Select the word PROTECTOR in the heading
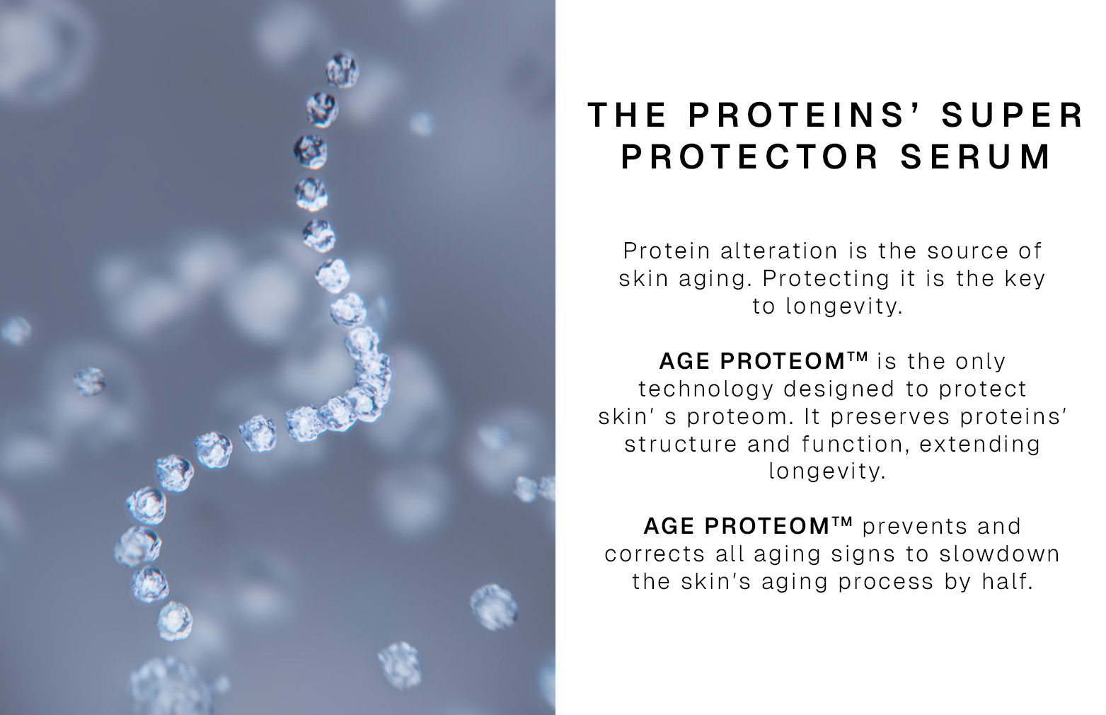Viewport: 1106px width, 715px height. [750, 156]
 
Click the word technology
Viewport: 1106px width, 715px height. [705, 389]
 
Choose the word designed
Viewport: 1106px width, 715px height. [839, 389]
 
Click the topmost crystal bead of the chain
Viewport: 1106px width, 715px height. [342, 69]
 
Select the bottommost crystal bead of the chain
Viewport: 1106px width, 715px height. [174, 621]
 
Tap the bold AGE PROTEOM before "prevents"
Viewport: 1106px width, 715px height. [749, 526]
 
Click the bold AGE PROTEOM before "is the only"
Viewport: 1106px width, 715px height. [764, 361]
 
